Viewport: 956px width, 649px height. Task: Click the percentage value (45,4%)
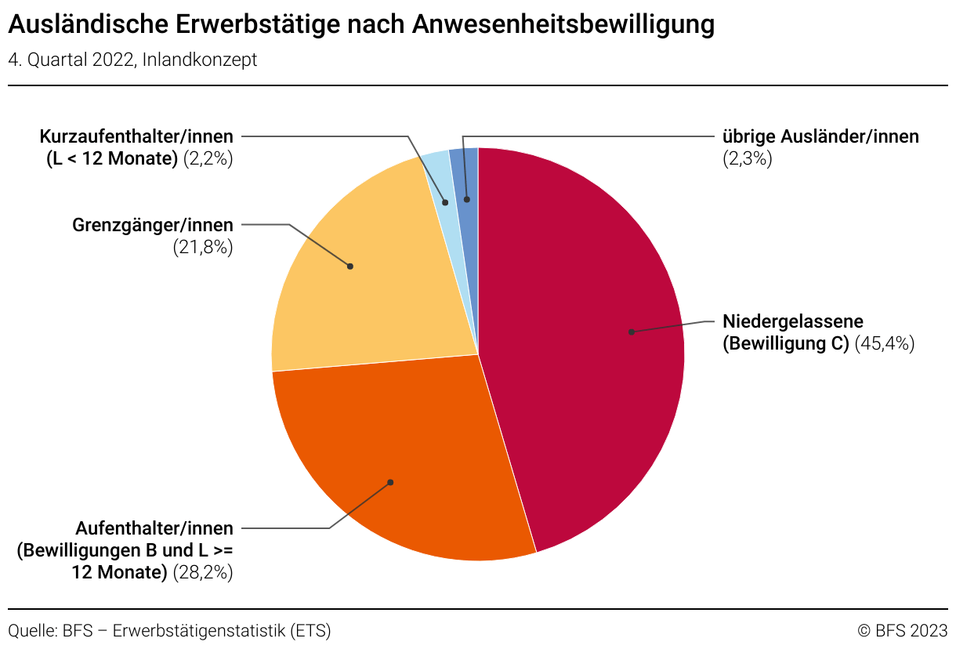pyautogui.click(x=885, y=343)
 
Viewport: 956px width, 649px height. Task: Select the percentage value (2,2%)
pyautogui.click(x=208, y=158)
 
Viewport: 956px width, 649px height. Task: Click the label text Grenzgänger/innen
pyautogui.click(x=153, y=226)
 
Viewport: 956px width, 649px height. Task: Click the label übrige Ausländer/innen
pyautogui.click(x=820, y=136)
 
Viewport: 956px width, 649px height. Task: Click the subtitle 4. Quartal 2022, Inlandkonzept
pyautogui.click(x=132, y=60)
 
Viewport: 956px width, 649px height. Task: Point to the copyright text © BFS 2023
pyautogui.click(x=902, y=630)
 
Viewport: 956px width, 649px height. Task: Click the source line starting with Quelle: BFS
pyautogui.click(x=169, y=630)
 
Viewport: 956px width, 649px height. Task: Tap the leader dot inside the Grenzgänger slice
pyautogui.click(x=350, y=266)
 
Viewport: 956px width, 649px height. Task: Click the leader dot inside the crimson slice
pyautogui.click(x=631, y=332)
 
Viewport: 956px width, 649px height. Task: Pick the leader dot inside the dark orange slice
pyautogui.click(x=390, y=482)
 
